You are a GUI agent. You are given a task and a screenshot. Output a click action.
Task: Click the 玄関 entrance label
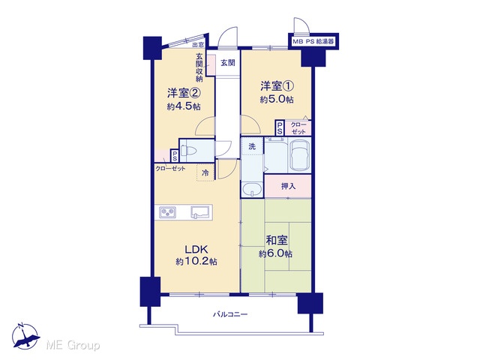(228, 63)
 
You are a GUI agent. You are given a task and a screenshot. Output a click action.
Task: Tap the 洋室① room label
(277, 86)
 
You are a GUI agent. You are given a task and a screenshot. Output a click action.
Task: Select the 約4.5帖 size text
(184, 106)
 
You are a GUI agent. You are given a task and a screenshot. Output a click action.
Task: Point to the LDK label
(196, 250)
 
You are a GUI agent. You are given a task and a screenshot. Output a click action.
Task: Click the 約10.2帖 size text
(196, 262)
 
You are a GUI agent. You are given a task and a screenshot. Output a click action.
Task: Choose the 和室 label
(277, 241)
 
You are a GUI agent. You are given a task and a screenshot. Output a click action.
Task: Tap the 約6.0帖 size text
(275, 253)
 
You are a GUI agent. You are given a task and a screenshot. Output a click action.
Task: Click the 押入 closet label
(288, 186)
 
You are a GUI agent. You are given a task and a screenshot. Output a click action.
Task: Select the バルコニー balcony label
(230, 314)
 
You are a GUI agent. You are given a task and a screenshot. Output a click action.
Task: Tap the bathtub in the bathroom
(300, 155)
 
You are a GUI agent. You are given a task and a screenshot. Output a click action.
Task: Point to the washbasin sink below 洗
(252, 189)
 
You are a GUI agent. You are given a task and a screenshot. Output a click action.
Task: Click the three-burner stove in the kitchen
(167, 211)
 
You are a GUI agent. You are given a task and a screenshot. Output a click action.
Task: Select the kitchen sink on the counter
(200, 211)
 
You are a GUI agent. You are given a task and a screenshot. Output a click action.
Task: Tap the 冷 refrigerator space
(205, 172)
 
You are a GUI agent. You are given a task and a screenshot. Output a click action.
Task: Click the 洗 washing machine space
(252, 147)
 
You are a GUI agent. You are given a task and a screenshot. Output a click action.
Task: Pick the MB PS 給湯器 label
(313, 42)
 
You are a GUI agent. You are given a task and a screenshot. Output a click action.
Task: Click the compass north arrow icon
(25, 337)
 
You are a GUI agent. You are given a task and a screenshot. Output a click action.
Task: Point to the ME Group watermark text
(73, 346)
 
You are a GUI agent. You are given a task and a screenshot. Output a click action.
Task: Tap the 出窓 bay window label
(198, 45)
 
